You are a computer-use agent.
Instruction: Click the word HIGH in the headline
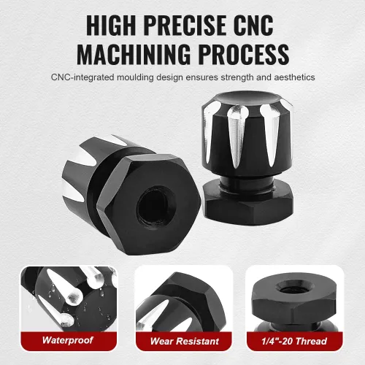coord(112,25)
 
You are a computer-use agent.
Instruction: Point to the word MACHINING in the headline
coord(134,54)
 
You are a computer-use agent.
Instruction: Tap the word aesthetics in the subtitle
coord(294,77)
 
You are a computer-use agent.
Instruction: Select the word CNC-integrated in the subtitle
coord(82,77)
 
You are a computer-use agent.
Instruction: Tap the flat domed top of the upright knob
coord(246,99)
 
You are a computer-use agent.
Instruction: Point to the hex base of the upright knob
coord(248,202)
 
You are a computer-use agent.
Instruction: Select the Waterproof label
coord(67,340)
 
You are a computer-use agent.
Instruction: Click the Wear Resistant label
coord(185,341)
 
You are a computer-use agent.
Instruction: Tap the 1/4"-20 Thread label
coord(294,341)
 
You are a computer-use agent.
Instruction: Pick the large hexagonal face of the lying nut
coord(149,204)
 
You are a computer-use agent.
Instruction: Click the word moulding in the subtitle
coord(135,77)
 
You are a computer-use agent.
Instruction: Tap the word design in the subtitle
coord(169,77)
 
